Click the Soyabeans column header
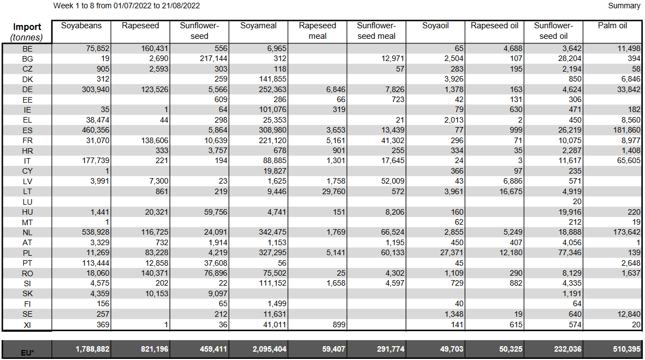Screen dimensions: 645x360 point(81,26)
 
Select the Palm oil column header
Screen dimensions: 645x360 point(612,26)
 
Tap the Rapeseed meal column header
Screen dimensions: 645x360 point(317,31)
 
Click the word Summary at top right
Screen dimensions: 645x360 point(624,6)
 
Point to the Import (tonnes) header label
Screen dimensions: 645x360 point(27,32)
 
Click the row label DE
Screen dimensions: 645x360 point(27,90)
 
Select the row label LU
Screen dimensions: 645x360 point(27,202)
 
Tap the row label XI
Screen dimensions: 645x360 point(27,325)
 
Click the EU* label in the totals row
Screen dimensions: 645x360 point(27,353)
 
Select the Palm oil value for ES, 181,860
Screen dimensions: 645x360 point(627,130)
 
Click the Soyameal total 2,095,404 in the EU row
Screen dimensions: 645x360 point(270,349)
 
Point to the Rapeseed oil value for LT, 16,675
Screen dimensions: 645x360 point(511,191)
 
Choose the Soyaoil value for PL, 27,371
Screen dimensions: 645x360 point(451,252)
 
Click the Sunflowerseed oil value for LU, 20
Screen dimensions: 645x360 point(577,201)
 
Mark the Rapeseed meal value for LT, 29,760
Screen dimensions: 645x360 point(334,191)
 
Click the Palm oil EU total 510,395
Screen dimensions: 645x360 point(627,349)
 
